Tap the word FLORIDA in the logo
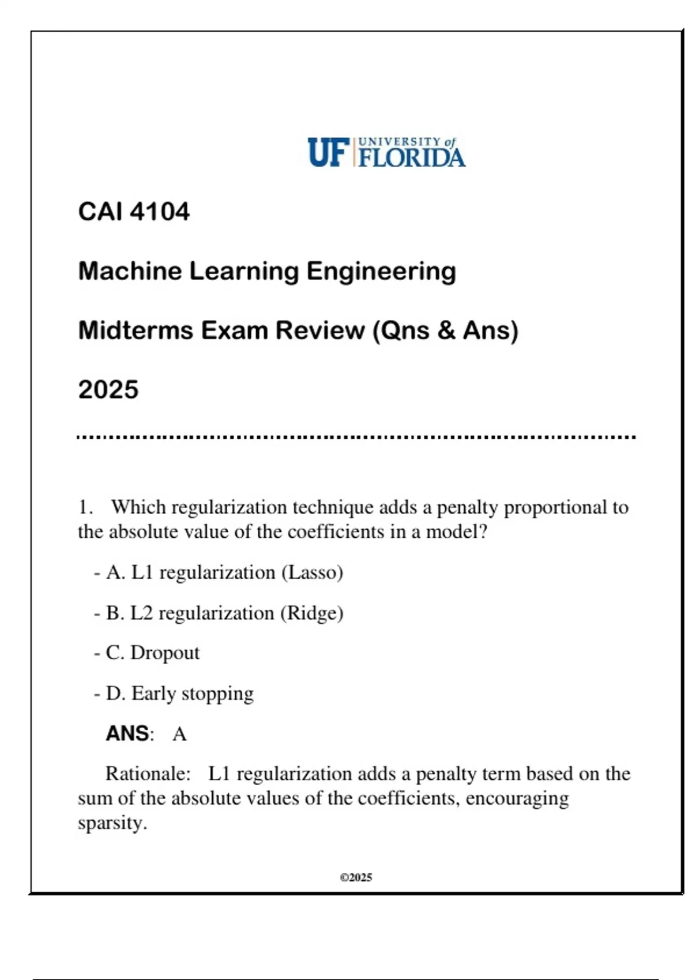(x=412, y=157)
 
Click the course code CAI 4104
(x=134, y=212)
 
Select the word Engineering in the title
(x=381, y=271)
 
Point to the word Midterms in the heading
(x=135, y=330)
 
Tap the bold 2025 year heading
(x=108, y=390)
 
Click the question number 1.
(x=85, y=507)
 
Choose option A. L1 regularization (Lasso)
(x=224, y=572)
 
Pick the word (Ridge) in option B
(x=311, y=613)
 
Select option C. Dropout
(x=153, y=653)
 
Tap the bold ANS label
(x=127, y=734)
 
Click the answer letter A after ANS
(x=179, y=734)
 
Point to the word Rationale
(x=148, y=774)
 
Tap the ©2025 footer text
(x=356, y=877)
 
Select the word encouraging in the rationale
(x=517, y=798)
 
